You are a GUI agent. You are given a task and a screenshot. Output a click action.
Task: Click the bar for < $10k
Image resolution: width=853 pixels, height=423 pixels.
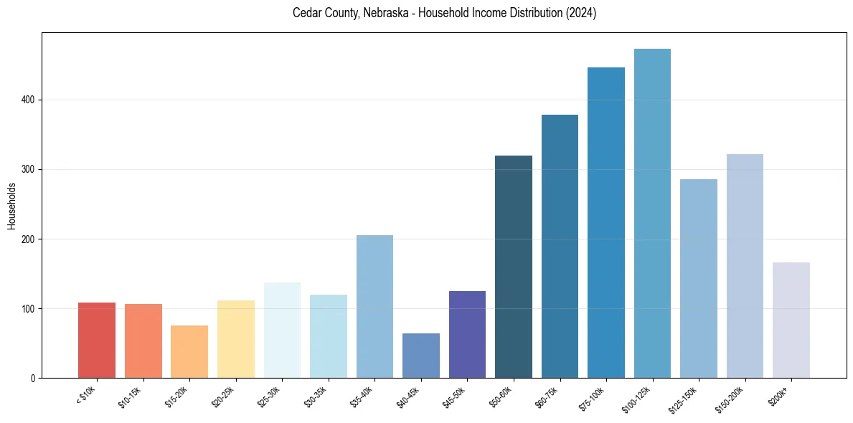coord(97,341)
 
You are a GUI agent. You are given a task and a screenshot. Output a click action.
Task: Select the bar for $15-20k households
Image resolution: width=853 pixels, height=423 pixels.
coord(189,352)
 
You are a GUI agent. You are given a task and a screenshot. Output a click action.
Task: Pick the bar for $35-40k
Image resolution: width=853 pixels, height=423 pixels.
coord(374,307)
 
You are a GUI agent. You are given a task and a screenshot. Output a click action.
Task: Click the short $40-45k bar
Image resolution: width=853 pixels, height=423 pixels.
coord(421,356)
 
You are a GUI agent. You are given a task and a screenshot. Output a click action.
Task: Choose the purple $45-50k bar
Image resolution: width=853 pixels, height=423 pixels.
coord(467,335)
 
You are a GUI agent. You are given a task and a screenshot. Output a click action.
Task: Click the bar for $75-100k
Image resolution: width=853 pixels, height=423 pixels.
coord(606,223)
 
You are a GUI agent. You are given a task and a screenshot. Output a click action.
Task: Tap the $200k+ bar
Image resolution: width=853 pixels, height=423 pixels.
coord(791,320)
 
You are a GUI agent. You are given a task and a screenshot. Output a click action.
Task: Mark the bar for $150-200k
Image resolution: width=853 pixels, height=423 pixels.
coord(745,266)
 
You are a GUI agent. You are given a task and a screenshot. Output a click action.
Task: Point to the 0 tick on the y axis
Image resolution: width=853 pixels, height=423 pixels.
coord(34,378)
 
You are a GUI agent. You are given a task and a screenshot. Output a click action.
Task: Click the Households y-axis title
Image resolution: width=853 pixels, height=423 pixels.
coord(11,206)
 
